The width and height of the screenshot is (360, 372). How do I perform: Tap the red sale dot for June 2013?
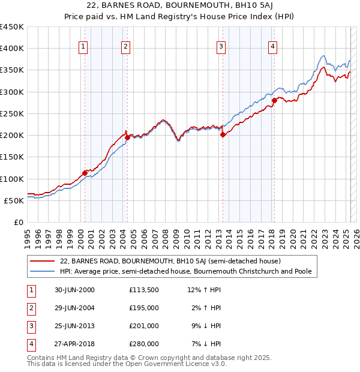pos(223,135)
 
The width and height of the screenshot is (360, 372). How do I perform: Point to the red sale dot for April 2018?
pos(274,101)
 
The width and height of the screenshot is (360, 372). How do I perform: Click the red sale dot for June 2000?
pos(85,173)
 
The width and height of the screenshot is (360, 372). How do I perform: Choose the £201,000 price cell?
pos(143,326)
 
